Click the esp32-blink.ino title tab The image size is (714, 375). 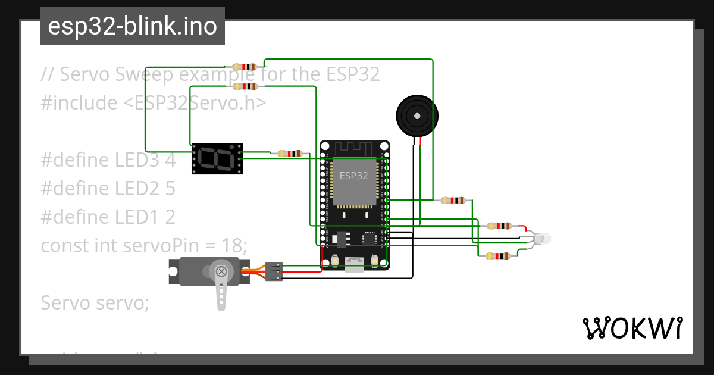(132, 26)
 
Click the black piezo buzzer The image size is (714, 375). (417, 115)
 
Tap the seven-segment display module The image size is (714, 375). (217, 158)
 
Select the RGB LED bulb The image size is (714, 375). (542, 239)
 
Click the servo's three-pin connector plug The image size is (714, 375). (273, 271)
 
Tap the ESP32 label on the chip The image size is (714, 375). (353, 176)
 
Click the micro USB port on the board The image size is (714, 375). (355, 264)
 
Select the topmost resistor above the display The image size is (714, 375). (245, 67)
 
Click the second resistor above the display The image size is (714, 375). (245, 86)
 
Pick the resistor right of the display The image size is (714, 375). (290, 153)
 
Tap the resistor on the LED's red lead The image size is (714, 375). (499, 226)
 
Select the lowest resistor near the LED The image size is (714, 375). (497, 257)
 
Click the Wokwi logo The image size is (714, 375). (632, 328)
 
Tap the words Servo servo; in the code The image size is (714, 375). (95, 302)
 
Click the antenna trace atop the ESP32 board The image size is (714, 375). (354, 148)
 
